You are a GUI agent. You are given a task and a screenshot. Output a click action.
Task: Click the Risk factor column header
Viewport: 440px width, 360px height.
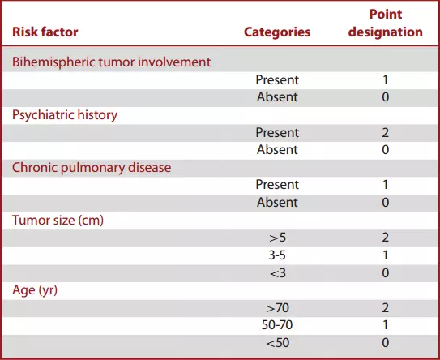point(45,32)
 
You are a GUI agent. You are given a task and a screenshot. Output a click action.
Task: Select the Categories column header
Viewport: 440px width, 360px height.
point(277,32)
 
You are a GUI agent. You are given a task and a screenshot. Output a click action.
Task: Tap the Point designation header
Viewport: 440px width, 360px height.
point(385,23)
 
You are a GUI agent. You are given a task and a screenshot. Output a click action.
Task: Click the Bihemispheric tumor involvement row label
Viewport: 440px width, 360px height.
point(111,62)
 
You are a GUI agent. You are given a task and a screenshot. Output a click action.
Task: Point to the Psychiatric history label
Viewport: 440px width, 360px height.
point(65,115)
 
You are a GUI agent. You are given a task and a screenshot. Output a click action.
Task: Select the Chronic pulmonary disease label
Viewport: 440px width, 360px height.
point(92,168)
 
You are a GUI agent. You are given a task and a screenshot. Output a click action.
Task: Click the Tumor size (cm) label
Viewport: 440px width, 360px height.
point(58,221)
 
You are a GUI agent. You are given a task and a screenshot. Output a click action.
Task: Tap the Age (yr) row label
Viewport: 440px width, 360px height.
point(35,290)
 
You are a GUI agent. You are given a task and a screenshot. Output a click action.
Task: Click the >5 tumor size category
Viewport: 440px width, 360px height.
point(277,238)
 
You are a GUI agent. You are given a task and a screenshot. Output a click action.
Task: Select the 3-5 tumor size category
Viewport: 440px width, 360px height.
point(277,255)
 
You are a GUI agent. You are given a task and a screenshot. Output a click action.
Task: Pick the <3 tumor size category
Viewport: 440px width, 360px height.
point(277,273)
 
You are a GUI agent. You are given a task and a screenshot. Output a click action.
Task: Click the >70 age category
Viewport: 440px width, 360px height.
point(277,308)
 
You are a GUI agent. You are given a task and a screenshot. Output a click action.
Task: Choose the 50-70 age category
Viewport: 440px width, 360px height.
point(277,325)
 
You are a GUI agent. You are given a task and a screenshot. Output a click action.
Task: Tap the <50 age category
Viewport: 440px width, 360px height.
point(277,343)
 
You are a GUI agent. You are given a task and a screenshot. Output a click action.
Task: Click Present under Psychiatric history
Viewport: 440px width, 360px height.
point(277,132)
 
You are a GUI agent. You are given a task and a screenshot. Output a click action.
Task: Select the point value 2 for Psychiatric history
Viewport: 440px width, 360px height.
point(385,132)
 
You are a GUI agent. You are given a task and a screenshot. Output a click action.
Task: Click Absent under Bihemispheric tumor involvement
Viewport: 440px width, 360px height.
point(277,97)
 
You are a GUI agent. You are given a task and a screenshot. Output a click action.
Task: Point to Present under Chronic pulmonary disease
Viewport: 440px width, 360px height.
point(277,185)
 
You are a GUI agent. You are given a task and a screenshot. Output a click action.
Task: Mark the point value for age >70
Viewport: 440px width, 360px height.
point(385,308)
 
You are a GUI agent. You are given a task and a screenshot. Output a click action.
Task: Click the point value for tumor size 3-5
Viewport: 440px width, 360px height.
point(386,255)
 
